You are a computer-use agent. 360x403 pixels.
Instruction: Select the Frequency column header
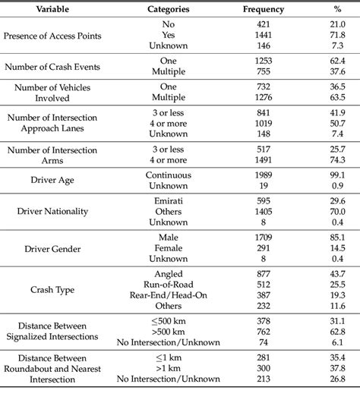(263, 9)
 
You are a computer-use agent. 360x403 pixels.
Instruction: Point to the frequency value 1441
(263, 35)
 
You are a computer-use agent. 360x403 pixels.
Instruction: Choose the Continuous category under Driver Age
(169, 175)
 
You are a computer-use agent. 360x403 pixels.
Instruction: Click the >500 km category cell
(169, 332)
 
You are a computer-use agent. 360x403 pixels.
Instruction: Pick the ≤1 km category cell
(169, 357)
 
